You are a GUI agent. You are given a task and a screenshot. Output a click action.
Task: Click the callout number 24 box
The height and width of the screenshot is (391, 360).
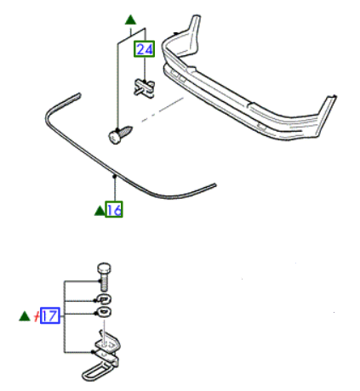(x=145, y=49)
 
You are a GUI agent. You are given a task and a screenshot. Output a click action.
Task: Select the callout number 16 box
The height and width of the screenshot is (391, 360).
(x=114, y=209)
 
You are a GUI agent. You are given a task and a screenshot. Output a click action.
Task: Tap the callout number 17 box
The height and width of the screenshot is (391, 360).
(x=50, y=315)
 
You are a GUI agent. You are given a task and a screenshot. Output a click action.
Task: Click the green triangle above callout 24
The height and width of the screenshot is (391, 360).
(x=130, y=20)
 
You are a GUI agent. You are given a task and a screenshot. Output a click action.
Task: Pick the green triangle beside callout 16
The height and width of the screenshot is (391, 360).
(x=100, y=211)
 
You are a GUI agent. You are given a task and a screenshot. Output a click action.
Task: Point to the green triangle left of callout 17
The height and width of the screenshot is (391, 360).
(x=25, y=316)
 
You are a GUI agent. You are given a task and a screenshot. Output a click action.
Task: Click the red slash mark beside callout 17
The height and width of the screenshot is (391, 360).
(x=37, y=316)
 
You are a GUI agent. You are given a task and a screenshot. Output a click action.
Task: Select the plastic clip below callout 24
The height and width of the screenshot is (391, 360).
(x=144, y=88)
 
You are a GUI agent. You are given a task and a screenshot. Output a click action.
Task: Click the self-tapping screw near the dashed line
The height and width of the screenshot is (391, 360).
(x=120, y=135)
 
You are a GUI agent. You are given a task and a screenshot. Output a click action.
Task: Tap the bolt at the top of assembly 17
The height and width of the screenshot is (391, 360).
(x=105, y=276)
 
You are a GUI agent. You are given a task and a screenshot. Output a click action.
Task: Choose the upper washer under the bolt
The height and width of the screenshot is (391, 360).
(x=105, y=299)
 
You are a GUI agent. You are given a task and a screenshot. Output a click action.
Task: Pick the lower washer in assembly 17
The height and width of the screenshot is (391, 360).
(x=105, y=312)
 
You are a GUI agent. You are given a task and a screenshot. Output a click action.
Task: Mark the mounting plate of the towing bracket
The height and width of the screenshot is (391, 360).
(x=108, y=343)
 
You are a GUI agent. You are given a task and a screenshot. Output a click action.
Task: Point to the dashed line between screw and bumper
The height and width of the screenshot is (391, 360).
(x=163, y=110)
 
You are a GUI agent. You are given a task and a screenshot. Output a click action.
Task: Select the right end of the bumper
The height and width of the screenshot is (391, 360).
(x=328, y=113)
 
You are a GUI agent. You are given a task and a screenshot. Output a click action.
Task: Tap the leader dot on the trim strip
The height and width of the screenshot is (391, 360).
(x=115, y=176)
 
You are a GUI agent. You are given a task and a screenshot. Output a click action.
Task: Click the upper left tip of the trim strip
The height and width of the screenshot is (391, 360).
(x=79, y=95)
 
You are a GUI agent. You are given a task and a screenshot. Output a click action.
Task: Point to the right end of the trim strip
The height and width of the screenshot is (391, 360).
(x=214, y=185)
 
